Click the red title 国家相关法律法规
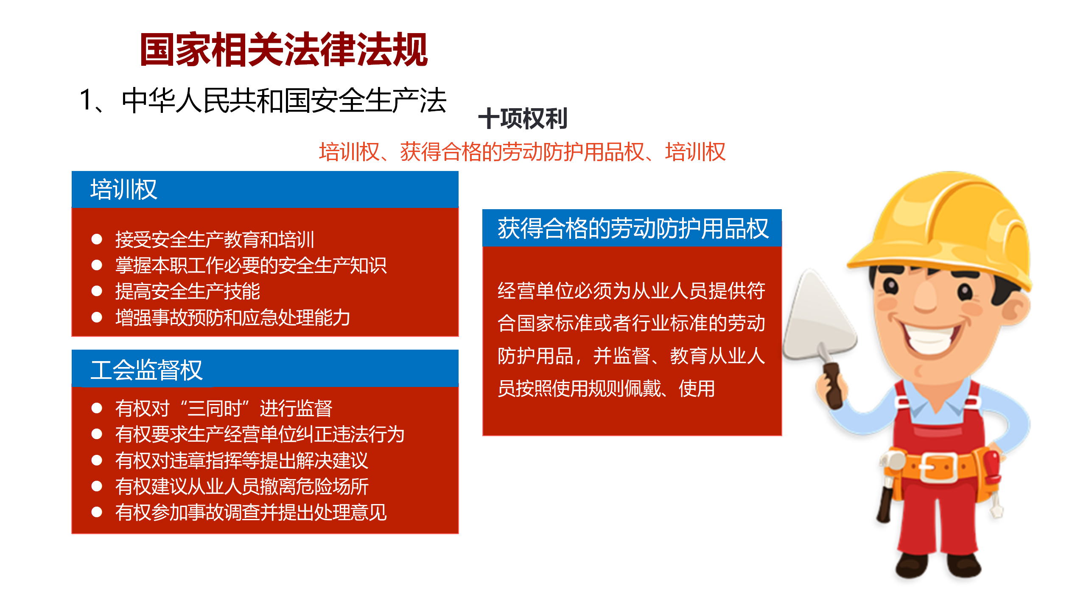(284, 50)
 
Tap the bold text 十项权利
(523, 118)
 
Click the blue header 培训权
(123, 189)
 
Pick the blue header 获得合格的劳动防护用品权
(633, 228)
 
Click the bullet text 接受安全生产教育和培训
(215, 240)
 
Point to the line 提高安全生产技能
(188, 291)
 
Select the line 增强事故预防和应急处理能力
(232, 317)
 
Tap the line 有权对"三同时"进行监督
(224, 408)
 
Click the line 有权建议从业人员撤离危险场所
(242, 486)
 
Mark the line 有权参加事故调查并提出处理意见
(251, 512)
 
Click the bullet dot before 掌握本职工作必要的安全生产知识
(97, 266)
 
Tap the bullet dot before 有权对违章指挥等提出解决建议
(97, 460)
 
